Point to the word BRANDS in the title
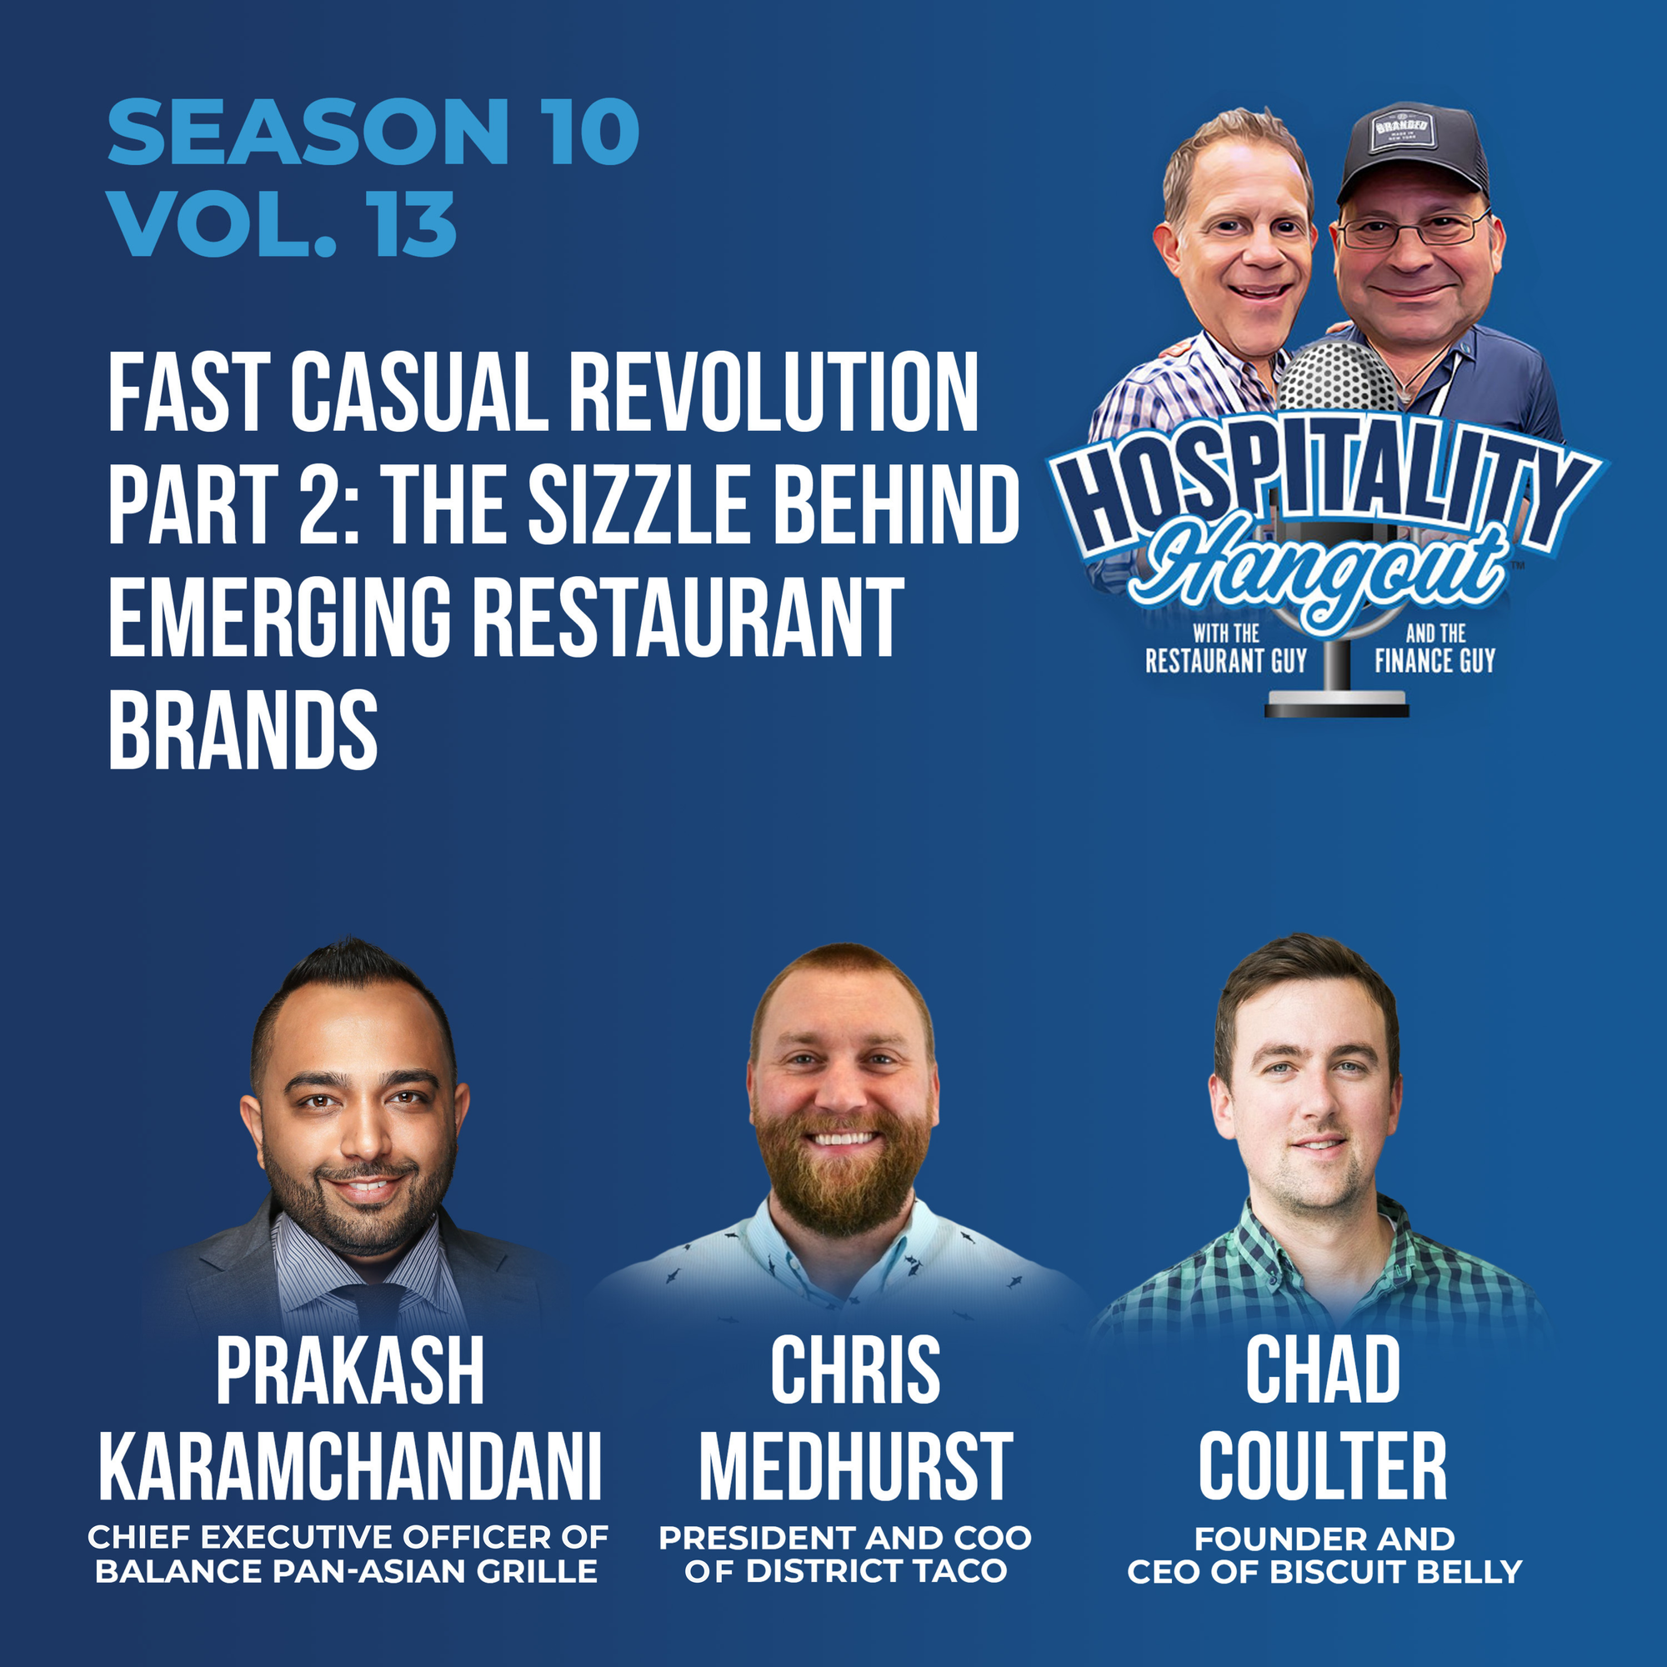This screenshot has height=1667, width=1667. tap(243, 729)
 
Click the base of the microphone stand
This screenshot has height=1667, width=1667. tap(1337, 707)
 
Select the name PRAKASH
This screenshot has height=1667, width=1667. tap(349, 1371)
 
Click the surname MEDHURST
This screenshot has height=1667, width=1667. tap(856, 1466)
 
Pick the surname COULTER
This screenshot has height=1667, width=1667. tap(1323, 1466)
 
